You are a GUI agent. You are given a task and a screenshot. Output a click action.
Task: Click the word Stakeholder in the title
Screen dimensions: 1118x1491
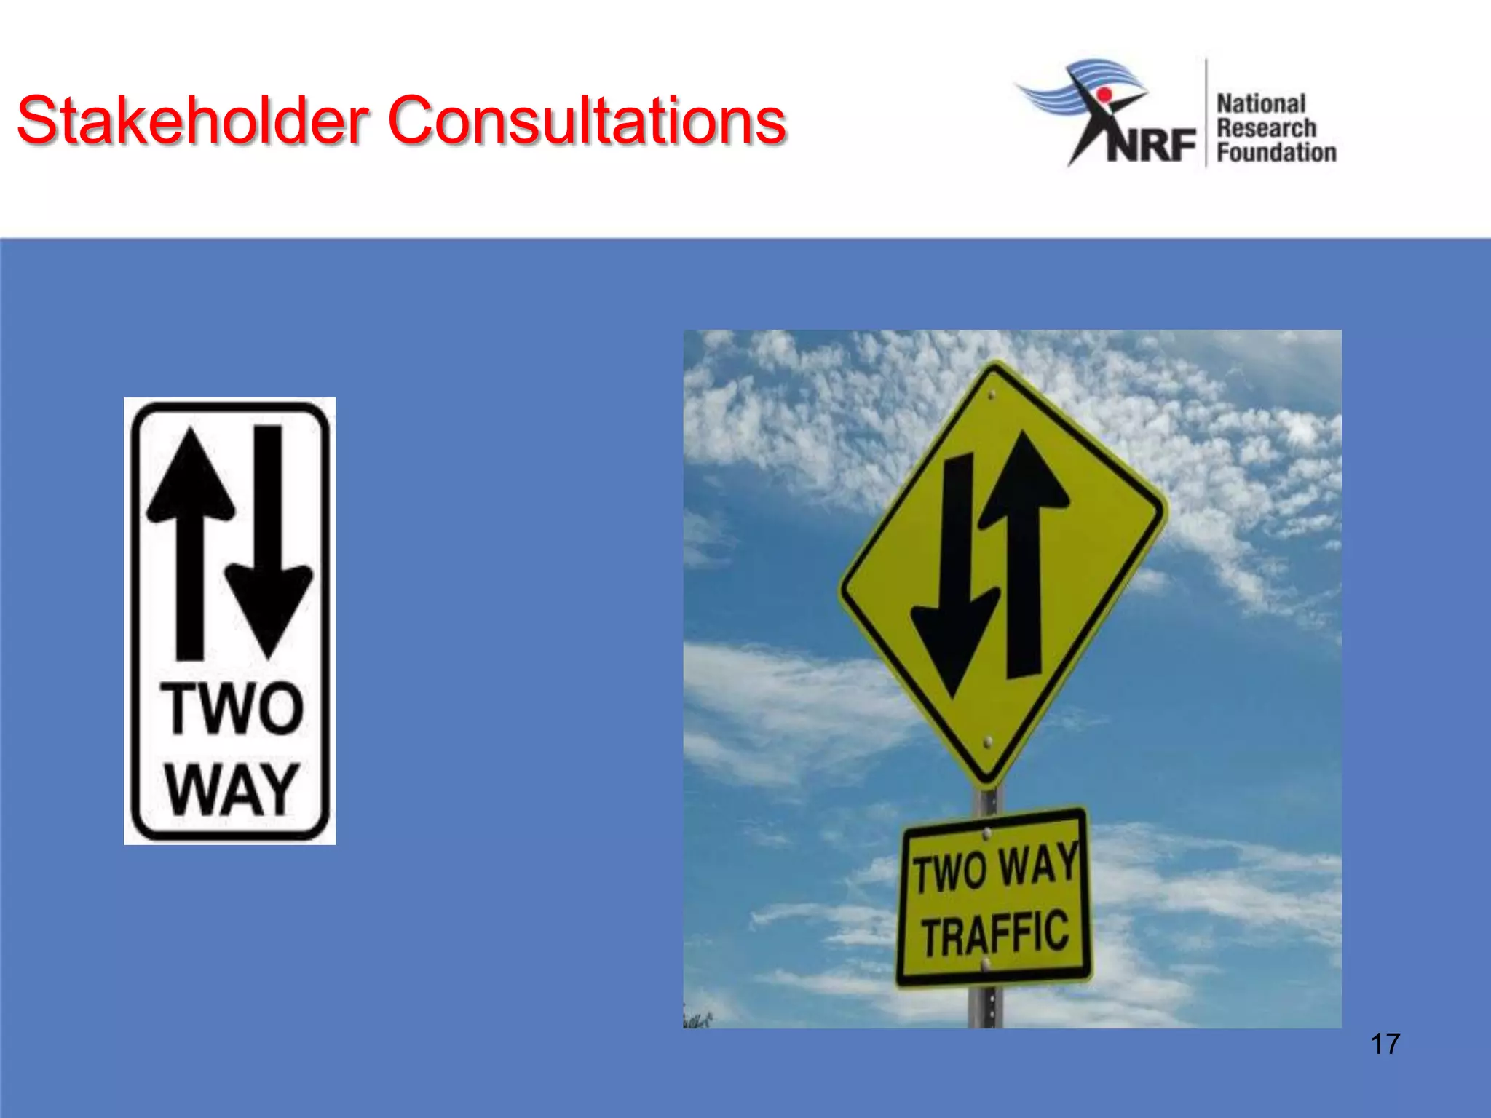click(x=193, y=120)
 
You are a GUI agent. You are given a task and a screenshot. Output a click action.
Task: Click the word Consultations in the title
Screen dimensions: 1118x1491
click(x=587, y=120)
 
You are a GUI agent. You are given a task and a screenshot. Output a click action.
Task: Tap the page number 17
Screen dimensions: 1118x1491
click(x=1385, y=1044)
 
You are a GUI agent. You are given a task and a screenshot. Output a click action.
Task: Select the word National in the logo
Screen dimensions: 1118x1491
click(x=1261, y=104)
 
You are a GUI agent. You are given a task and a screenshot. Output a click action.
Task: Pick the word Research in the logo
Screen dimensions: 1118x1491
click(x=1266, y=128)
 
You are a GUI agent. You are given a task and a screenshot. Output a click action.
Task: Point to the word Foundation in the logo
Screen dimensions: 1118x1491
click(x=1276, y=153)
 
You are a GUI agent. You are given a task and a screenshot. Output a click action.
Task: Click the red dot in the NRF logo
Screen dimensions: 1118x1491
click(x=1104, y=95)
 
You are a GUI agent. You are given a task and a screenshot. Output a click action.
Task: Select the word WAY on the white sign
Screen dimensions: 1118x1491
click(x=232, y=790)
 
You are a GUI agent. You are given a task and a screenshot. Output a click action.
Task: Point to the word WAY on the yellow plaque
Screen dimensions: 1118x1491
click(x=1038, y=865)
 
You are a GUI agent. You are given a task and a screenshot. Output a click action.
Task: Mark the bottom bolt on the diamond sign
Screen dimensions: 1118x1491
click(x=988, y=742)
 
